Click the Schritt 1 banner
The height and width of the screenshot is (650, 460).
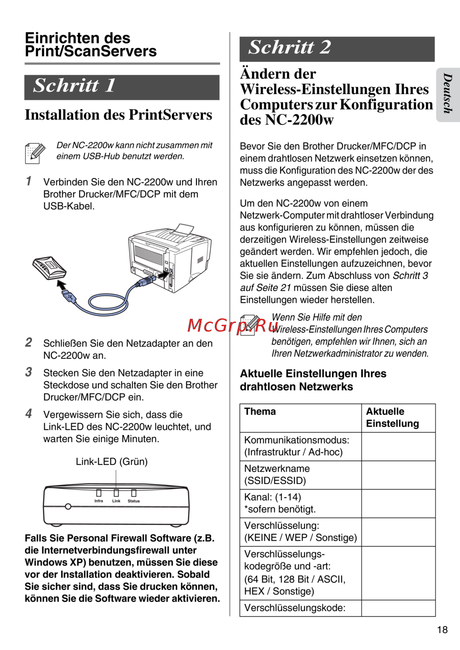(x=121, y=86)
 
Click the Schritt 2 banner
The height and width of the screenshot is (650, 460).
(x=337, y=48)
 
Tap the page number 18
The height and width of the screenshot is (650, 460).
(x=442, y=630)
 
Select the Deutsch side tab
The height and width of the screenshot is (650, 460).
(x=448, y=94)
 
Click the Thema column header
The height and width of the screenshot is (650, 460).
(x=260, y=412)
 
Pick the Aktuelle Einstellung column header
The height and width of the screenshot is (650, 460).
(x=392, y=418)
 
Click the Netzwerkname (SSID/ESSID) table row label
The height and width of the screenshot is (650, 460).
(x=277, y=475)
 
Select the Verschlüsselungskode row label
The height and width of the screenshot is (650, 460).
(x=294, y=608)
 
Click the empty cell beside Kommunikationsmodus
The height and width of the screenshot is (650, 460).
(x=398, y=446)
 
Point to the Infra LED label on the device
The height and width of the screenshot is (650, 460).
(x=98, y=501)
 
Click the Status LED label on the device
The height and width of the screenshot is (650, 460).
(x=134, y=501)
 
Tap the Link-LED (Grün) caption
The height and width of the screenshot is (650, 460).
(x=112, y=462)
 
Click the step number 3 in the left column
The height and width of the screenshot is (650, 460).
(x=29, y=372)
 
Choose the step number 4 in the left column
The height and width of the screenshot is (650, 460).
(x=29, y=413)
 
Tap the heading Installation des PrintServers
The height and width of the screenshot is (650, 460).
(x=118, y=115)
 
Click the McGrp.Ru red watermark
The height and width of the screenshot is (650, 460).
(x=233, y=325)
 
